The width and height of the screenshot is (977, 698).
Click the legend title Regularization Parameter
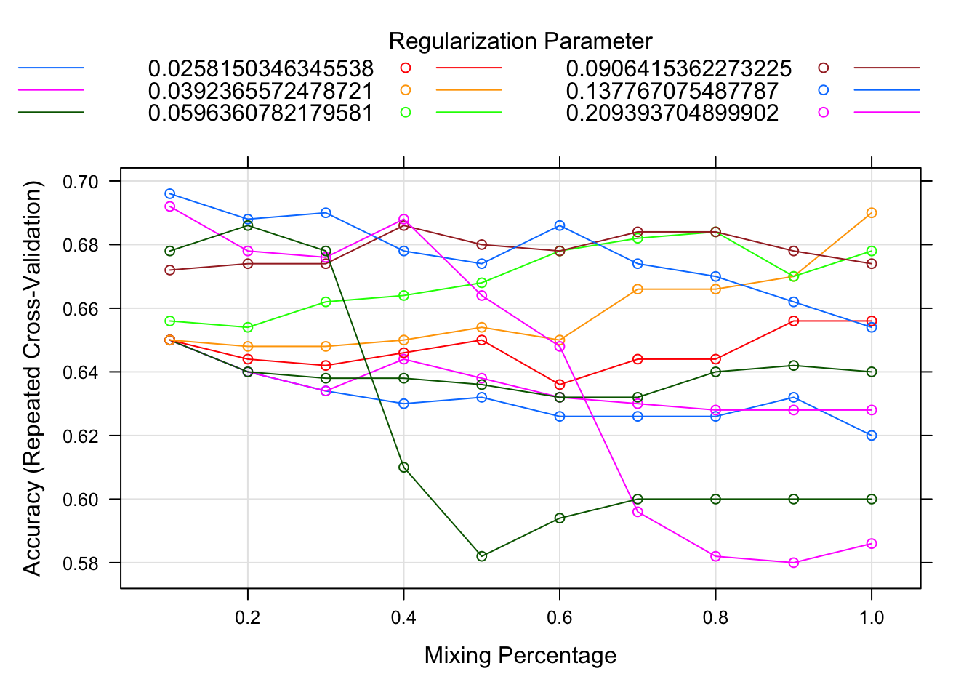[x=520, y=41]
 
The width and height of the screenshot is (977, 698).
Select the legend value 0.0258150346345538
[x=260, y=69]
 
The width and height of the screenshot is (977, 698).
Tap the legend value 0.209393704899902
[x=672, y=113]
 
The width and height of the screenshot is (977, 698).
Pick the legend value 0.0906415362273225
[x=678, y=69]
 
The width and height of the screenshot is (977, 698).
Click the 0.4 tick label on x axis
[x=403, y=618]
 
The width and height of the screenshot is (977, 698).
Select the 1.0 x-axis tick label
[x=872, y=618]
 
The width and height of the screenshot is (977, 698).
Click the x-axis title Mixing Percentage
[x=520, y=656]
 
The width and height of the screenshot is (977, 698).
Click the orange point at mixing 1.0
[x=872, y=213]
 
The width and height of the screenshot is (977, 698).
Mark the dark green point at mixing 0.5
[x=481, y=556]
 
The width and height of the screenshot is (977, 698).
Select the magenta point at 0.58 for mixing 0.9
[x=794, y=563]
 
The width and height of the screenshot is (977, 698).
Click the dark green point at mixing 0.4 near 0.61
[x=403, y=467]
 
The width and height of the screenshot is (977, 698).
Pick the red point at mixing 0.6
[x=560, y=385]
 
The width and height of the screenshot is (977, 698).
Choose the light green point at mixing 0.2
[x=248, y=327]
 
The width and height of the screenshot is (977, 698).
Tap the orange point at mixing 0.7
[x=638, y=289]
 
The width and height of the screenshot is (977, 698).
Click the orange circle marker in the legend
[x=406, y=90]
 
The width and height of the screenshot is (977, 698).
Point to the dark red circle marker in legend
[x=824, y=68]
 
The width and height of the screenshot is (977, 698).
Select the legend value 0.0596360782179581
[x=260, y=113]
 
